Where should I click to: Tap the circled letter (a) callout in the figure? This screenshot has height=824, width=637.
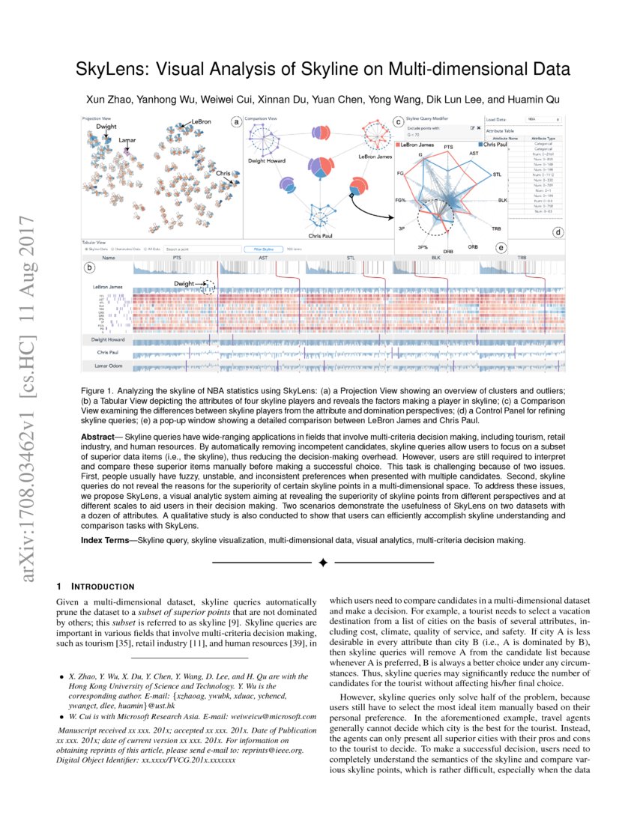coord(236,121)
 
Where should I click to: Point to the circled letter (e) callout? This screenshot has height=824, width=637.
coord(500,247)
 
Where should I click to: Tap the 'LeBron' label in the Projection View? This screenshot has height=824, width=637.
coord(201,121)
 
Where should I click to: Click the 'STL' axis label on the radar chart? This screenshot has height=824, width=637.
coord(498,175)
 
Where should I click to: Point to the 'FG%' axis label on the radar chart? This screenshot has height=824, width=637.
coord(400,201)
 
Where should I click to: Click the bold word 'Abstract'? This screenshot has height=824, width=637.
coord(98,436)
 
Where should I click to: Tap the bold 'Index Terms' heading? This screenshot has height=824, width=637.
coord(104,539)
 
